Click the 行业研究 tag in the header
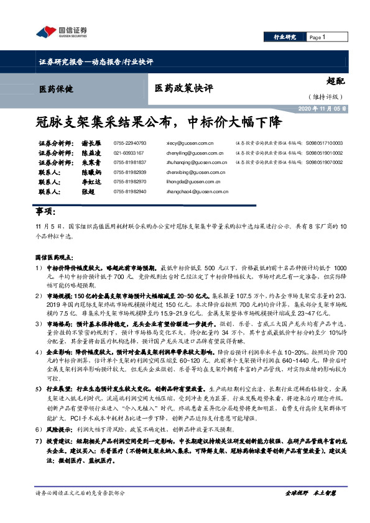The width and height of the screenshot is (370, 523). point(285,37)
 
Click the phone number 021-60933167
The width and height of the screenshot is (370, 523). point(129,152)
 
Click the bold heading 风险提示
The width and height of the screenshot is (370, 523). point(59,429)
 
